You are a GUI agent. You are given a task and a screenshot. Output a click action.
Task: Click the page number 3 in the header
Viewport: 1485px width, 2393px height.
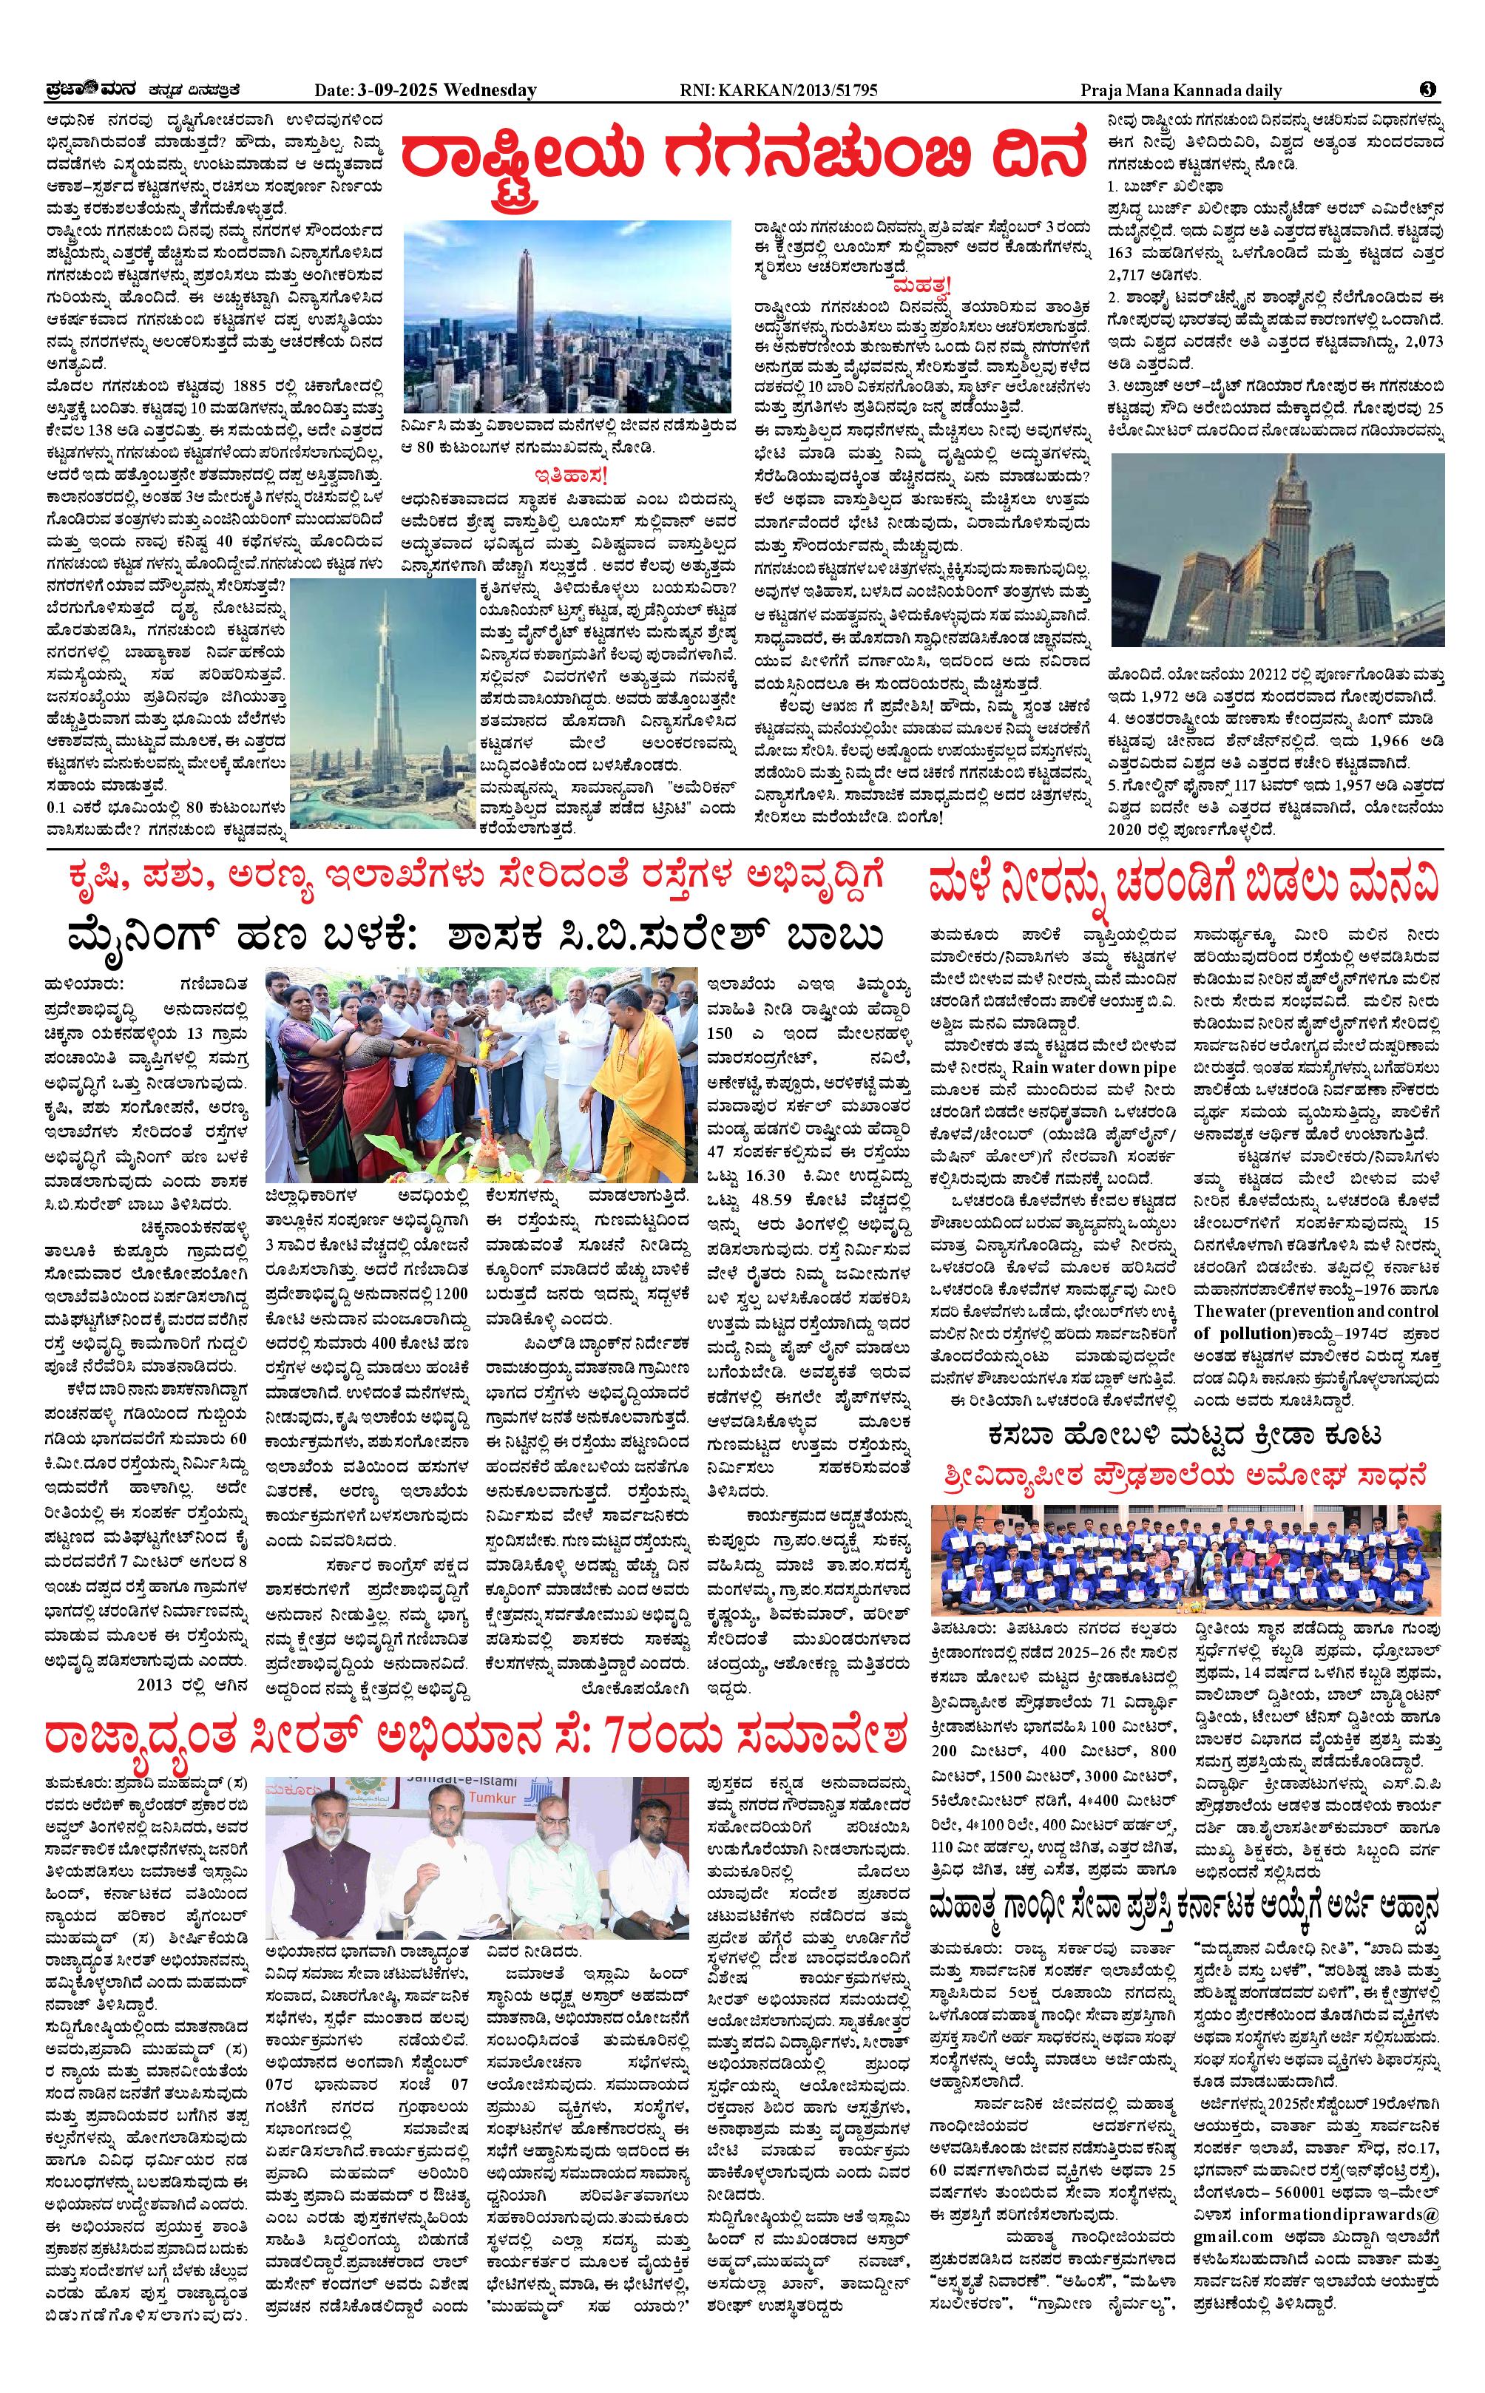click(x=1427, y=89)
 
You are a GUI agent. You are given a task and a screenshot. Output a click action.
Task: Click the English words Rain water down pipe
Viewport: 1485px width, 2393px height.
click(x=1094, y=1067)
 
